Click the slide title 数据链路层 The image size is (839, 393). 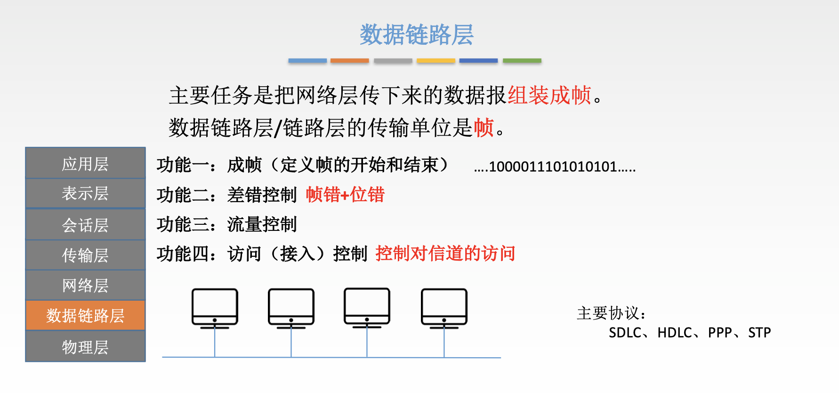point(417,35)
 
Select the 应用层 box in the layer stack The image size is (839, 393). point(85,163)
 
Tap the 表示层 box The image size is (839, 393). point(85,193)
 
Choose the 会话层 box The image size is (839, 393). point(85,224)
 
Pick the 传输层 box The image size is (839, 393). point(85,255)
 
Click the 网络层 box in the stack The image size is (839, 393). point(85,285)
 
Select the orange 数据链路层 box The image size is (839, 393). point(85,315)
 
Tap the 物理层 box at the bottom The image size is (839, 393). point(85,346)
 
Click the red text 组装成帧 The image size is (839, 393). point(549,95)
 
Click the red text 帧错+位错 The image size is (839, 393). point(345,194)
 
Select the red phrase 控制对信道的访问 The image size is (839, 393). point(445,254)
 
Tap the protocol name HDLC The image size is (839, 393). point(675,333)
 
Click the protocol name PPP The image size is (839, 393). point(720,333)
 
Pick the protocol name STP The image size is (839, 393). point(759,333)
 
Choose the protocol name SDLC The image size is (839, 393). point(625,333)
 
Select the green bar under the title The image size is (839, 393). point(522,61)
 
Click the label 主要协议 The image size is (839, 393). point(608,313)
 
